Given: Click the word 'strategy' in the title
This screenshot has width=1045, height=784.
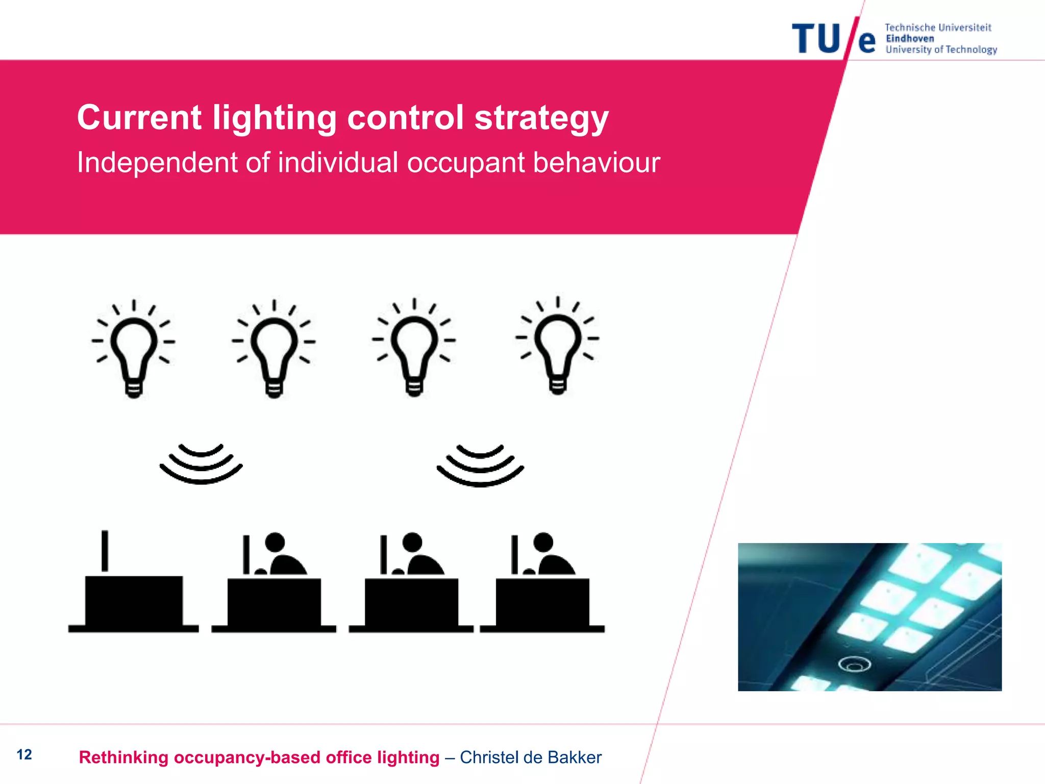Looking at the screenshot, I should pyautogui.click(x=541, y=118).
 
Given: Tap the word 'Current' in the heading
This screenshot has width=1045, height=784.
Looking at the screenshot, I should pyautogui.click(x=139, y=117).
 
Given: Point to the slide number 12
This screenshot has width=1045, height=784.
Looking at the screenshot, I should pyautogui.click(x=24, y=754).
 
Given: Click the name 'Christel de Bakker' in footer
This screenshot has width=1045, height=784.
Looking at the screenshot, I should pyautogui.click(x=531, y=757).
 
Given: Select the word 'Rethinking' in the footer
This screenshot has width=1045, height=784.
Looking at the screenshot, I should pyautogui.click(x=123, y=757).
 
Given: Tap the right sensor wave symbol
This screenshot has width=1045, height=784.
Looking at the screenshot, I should pyautogui.click(x=480, y=465).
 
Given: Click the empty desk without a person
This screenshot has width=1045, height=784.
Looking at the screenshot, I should pyautogui.click(x=134, y=602).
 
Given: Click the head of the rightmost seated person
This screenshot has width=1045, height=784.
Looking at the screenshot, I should pyautogui.click(x=543, y=542).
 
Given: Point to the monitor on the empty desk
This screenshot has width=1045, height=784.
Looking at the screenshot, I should pyautogui.click(x=105, y=551).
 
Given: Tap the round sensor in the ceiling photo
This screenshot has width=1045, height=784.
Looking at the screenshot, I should pyautogui.click(x=854, y=664).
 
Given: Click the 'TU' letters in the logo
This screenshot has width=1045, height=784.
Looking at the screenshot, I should pyautogui.click(x=816, y=39).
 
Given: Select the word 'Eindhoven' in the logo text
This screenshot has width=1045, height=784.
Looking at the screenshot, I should pyautogui.click(x=910, y=39).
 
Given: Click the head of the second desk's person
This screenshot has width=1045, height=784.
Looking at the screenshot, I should pyautogui.click(x=275, y=542).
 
